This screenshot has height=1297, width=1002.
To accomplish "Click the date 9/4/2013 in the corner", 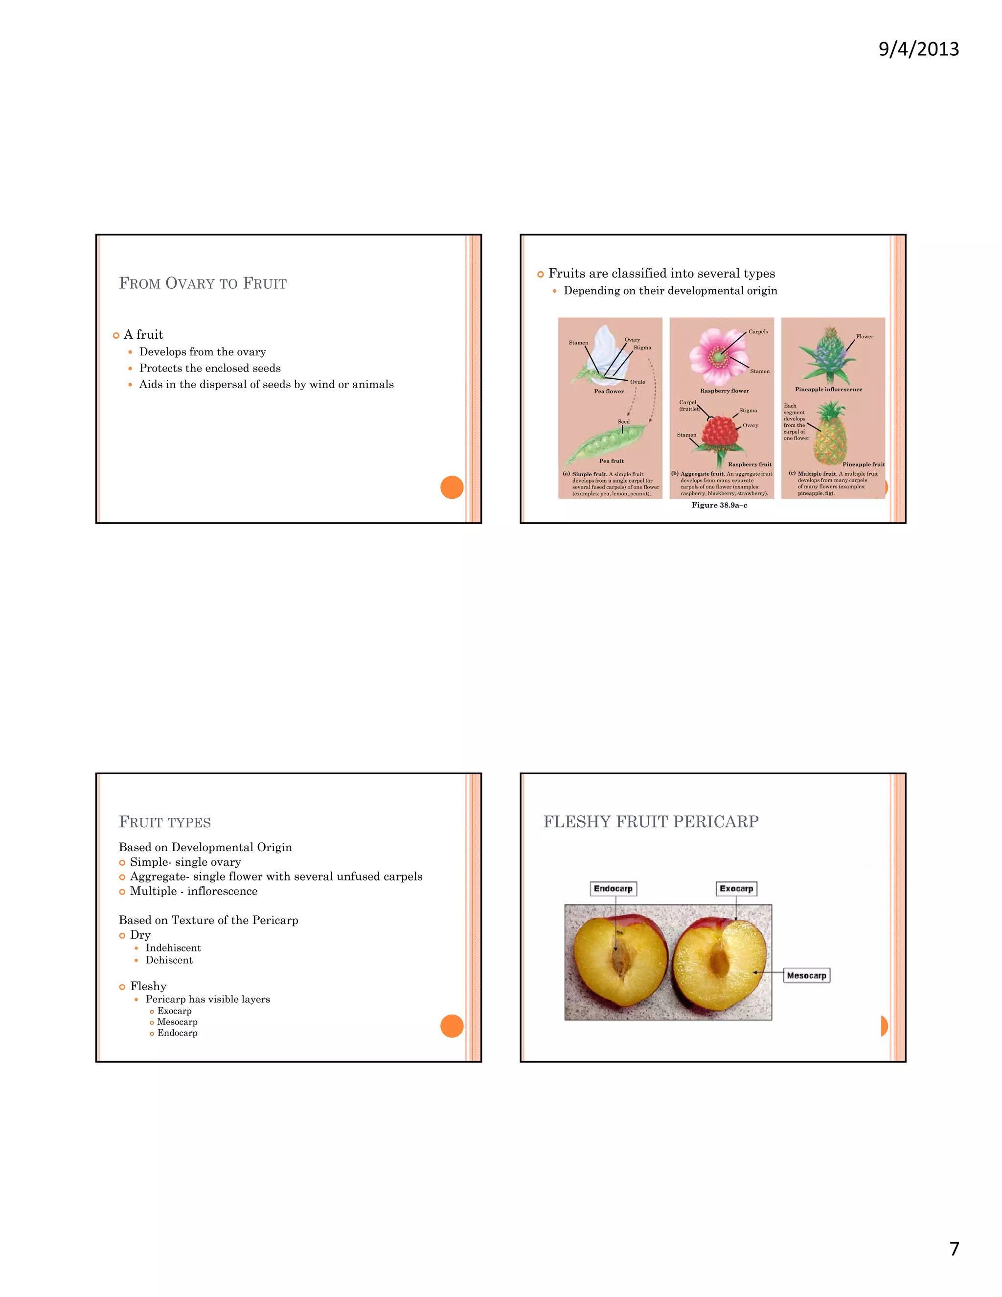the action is pyautogui.click(x=918, y=48).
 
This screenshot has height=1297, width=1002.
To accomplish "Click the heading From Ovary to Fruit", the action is pyautogui.click(x=203, y=283).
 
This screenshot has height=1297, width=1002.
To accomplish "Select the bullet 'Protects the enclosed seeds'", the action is pyautogui.click(x=209, y=368).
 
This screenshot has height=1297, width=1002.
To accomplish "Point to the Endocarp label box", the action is pyautogui.click(x=613, y=888).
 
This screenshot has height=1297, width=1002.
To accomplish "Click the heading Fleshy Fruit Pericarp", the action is pyautogui.click(x=651, y=821).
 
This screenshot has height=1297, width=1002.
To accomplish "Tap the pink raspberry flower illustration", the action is pyautogui.click(x=718, y=357).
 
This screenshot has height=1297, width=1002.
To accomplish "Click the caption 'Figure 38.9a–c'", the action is pyautogui.click(x=719, y=506).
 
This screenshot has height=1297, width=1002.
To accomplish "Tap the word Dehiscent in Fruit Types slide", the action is pyautogui.click(x=169, y=960).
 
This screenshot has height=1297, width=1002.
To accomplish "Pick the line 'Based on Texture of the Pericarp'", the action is pyautogui.click(x=208, y=920).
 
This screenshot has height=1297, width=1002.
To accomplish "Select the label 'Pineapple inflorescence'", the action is pyautogui.click(x=829, y=390).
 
